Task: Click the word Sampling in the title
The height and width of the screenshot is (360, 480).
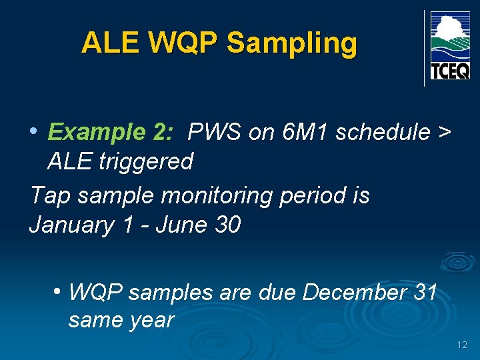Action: pos(292,43)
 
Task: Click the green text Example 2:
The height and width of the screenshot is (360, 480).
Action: pos(111,133)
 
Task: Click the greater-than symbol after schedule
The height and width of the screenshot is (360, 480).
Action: pos(444,133)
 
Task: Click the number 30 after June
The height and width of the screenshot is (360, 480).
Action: pos(227,225)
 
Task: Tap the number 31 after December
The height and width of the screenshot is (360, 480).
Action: pos(425,292)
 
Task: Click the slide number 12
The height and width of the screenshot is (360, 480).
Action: pos(463,345)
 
